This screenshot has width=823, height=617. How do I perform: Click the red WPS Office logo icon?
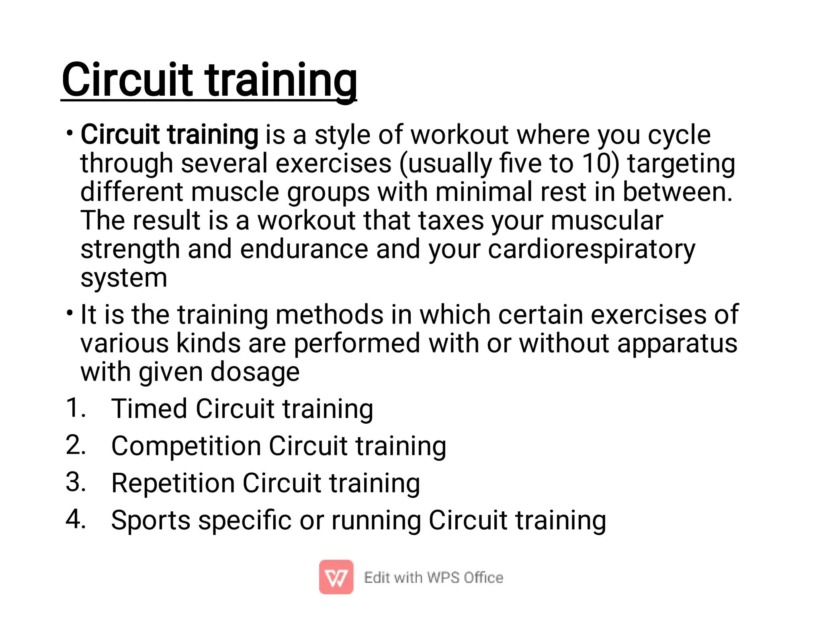coord(336,577)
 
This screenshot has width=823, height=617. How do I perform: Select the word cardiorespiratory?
coord(592,250)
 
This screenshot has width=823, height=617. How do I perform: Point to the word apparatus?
coord(677,344)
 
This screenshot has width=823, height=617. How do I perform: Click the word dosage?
coord(255,372)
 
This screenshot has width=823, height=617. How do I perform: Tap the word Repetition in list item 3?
coord(173,483)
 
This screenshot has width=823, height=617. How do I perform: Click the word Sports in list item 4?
coord(151,520)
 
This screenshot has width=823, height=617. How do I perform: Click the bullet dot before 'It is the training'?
coord(70,312)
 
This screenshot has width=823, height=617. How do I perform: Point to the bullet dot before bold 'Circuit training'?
coord(70,132)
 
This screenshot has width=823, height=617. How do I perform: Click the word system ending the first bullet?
coord(124,278)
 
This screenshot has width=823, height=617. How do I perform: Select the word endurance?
coord(304,249)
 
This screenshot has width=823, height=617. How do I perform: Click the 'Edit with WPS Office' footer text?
coord(433,578)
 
